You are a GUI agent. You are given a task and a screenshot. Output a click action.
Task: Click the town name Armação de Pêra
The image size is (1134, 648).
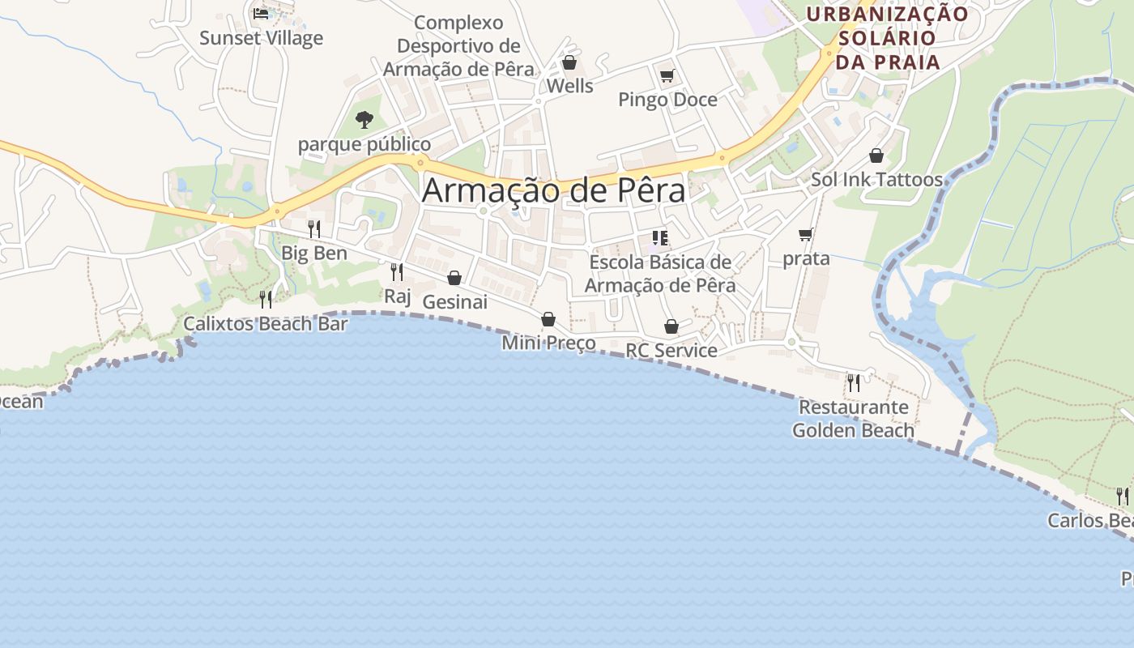553,190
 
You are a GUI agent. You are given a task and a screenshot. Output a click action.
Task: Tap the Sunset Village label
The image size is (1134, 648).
261,38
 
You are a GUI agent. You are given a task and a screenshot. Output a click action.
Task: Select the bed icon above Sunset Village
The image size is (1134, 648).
261,13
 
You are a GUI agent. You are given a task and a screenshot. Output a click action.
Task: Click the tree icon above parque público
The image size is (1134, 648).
364,120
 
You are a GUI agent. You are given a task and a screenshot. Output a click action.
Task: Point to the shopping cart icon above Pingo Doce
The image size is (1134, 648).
667,76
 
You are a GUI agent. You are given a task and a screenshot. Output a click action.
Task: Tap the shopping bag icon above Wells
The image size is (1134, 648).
569,62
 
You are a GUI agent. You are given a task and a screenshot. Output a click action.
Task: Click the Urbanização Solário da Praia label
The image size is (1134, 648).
888,37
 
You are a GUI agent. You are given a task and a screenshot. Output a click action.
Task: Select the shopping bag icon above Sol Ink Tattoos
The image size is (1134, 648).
876,156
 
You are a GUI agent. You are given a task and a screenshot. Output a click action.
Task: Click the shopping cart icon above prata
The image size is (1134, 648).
805,235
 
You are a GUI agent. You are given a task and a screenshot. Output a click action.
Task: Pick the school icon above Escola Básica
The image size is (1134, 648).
660,238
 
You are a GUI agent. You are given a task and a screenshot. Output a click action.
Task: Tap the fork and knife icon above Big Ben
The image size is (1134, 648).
314,229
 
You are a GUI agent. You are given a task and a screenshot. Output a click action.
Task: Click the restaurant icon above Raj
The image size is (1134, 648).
397,272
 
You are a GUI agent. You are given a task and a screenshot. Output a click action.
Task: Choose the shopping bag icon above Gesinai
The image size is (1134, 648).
454,279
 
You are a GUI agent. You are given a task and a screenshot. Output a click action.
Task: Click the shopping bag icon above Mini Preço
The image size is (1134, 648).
548,319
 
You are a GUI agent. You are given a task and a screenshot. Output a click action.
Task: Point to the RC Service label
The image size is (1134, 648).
671,350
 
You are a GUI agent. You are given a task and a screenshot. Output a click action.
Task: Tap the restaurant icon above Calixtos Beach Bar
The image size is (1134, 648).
266,300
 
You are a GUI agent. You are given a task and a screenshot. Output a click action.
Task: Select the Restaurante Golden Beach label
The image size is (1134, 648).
853,418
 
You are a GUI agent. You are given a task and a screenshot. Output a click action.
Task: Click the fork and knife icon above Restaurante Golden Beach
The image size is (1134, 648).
853,382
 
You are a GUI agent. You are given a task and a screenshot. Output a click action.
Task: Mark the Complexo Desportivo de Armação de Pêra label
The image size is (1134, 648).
458,46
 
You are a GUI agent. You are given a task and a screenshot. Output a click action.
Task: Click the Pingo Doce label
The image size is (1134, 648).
667,100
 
